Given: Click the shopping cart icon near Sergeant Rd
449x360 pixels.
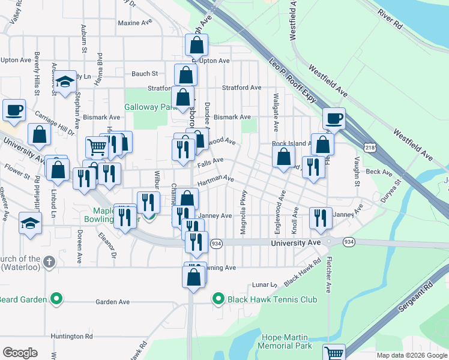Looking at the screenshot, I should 334,353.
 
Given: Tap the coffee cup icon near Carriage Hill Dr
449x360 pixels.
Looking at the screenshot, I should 14,109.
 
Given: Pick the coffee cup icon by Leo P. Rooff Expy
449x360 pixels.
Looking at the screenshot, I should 334,118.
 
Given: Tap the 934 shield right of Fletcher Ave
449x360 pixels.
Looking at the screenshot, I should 349,242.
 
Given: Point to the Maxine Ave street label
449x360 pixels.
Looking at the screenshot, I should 135,23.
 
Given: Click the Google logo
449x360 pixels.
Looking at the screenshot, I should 20,353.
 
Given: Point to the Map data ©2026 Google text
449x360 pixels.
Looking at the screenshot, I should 412,355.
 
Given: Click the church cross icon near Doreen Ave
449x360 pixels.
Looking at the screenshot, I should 50,262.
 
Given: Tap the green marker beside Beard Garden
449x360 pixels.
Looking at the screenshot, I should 56,298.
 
